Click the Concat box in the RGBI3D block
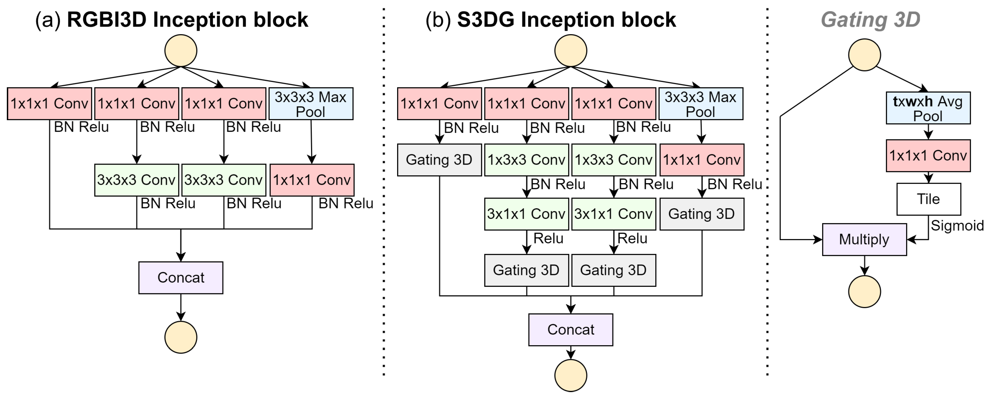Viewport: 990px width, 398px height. [181, 278]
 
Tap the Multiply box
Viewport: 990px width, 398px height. [864, 239]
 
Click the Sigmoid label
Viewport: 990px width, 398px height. [957, 226]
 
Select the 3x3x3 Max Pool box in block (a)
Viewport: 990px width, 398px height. [310, 104]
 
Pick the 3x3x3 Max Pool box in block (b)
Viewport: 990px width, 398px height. [701, 104]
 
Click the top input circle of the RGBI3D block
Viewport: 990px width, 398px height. [181, 51]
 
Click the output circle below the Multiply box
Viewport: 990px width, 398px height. [864, 291]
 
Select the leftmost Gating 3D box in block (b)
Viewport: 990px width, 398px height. [439, 160]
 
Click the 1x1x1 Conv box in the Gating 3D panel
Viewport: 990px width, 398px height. [928, 156]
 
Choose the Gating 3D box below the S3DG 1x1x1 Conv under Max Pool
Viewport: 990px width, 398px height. [702, 214]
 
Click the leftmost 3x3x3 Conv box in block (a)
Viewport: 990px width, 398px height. [136, 180]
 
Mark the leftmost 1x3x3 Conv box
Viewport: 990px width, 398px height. [526, 160]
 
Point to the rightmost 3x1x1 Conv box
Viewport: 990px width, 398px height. [613, 214]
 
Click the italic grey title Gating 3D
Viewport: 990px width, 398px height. [870, 20]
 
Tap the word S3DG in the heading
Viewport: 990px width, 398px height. [485, 20]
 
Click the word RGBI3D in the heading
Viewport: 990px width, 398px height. [107, 20]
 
